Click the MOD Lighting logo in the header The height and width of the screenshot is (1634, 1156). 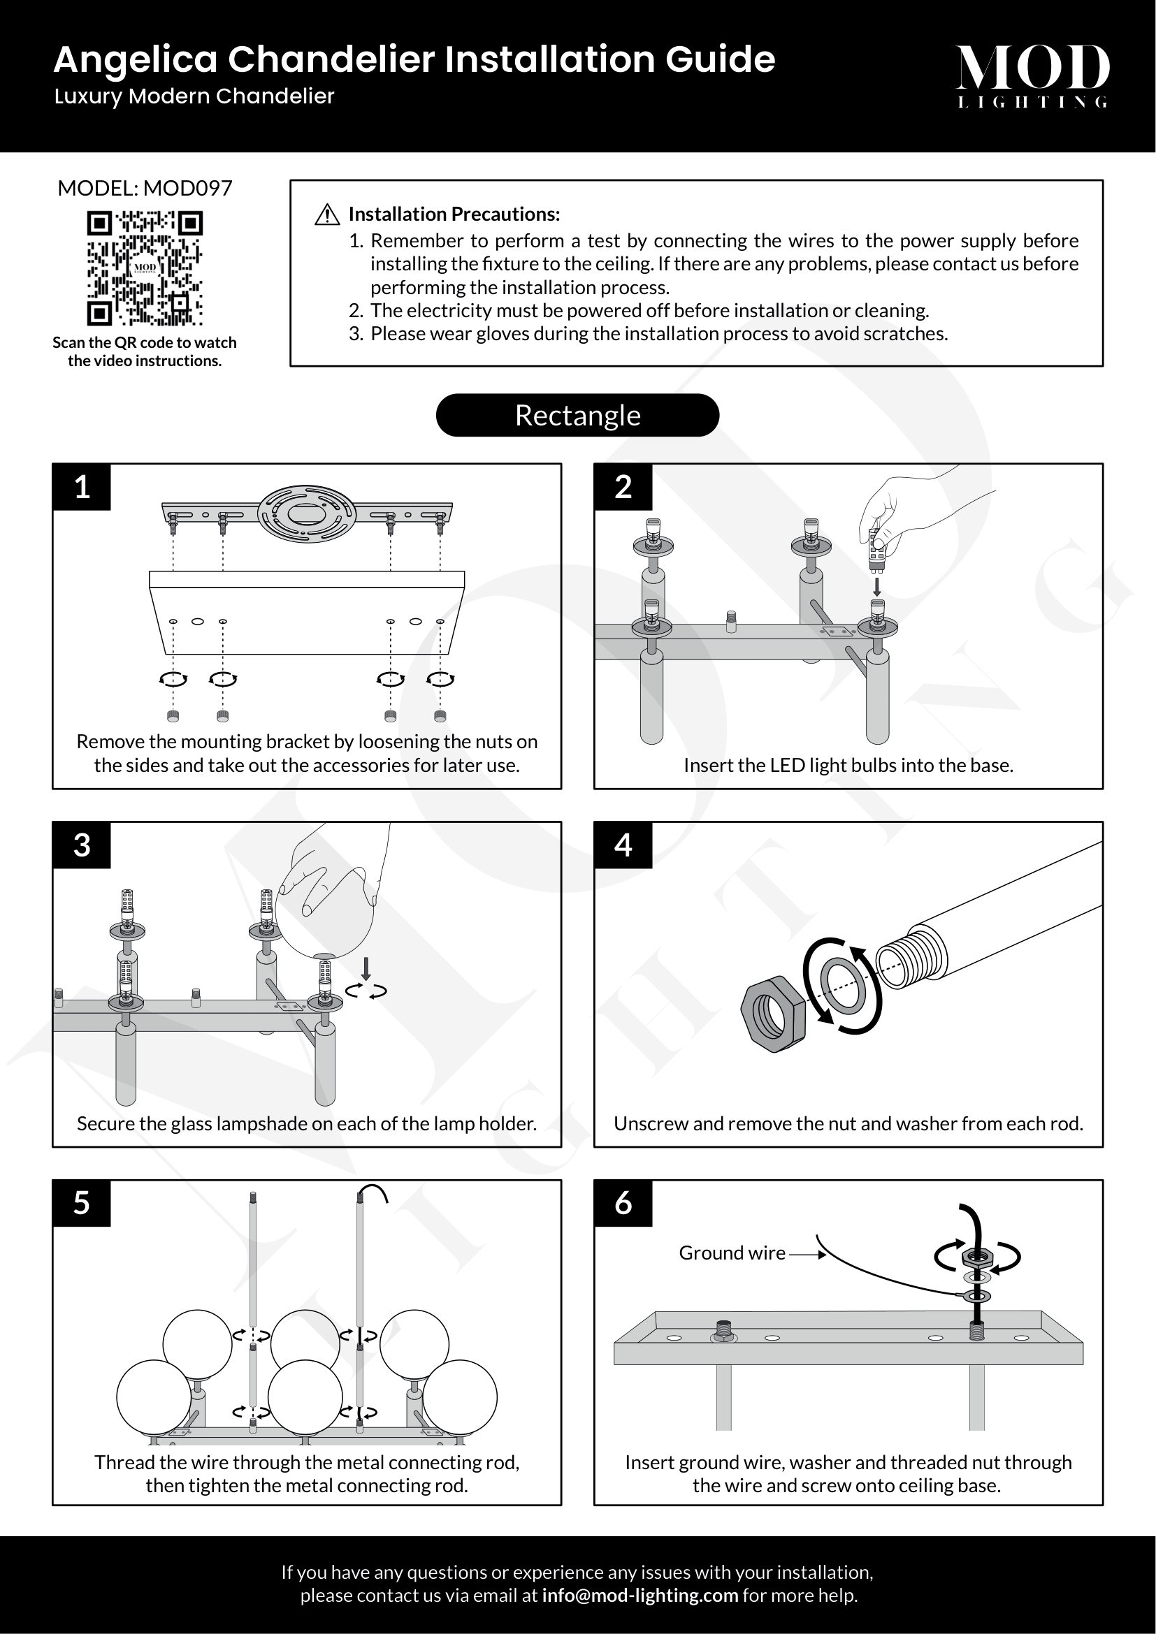pos(1032,75)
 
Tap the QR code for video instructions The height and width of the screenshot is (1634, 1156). pos(145,268)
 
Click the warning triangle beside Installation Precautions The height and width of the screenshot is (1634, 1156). pos(326,214)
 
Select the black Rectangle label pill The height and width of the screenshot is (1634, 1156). pos(577,415)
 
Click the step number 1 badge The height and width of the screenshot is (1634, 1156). pos(82,487)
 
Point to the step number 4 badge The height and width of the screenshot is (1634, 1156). pos(623,845)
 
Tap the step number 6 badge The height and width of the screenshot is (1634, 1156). pos(623,1203)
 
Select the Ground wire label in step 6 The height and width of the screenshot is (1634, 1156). pos(732,1253)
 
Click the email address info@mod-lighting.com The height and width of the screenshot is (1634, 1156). pos(640,1595)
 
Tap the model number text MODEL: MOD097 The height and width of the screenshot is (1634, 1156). pos(145,188)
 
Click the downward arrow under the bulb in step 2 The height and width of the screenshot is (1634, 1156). pos(877,586)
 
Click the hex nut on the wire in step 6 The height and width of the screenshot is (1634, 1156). pos(976,1257)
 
